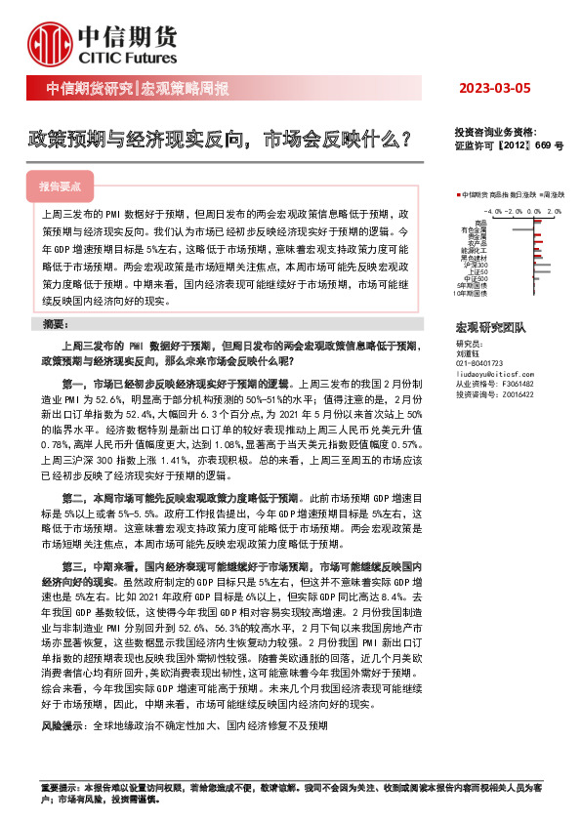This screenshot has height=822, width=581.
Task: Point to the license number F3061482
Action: click(519, 385)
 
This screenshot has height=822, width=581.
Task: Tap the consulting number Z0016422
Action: click(519, 394)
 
